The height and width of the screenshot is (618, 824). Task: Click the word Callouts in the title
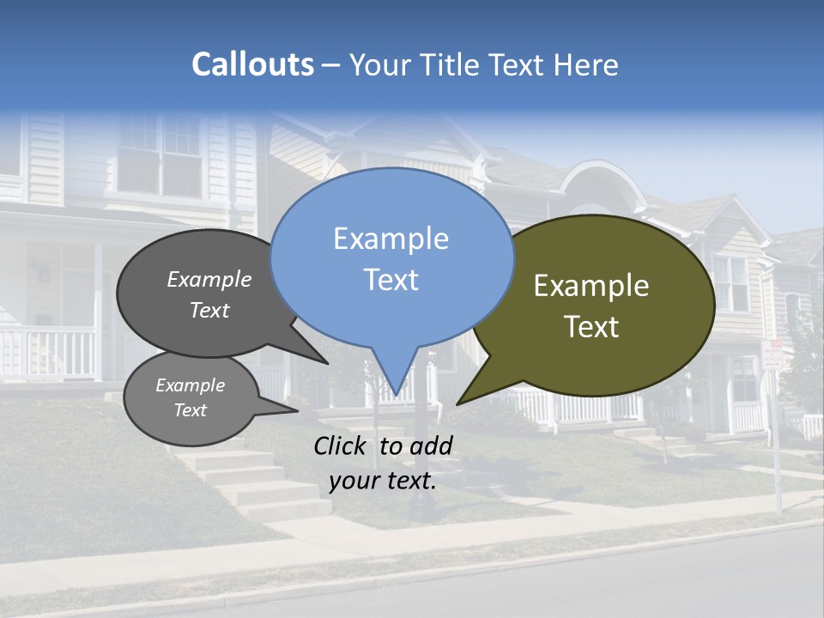pyautogui.click(x=252, y=65)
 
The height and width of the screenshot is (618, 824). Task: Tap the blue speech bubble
pyautogui.click(x=391, y=257)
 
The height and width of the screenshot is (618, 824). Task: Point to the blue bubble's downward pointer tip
pyautogui.click(x=396, y=397)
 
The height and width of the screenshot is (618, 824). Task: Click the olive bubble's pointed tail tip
pyautogui.click(x=457, y=403)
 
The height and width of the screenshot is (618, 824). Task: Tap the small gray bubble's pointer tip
pyautogui.click(x=297, y=410)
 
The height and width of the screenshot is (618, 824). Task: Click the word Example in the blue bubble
pyautogui.click(x=391, y=239)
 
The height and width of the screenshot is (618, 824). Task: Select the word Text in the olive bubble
pyautogui.click(x=592, y=327)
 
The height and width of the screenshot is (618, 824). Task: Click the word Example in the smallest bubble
pyautogui.click(x=191, y=385)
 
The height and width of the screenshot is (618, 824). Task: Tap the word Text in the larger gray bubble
pyautogui.click(x=209, y=310)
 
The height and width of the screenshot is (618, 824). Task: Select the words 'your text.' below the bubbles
pyautogui.click(x=383, y=481)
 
